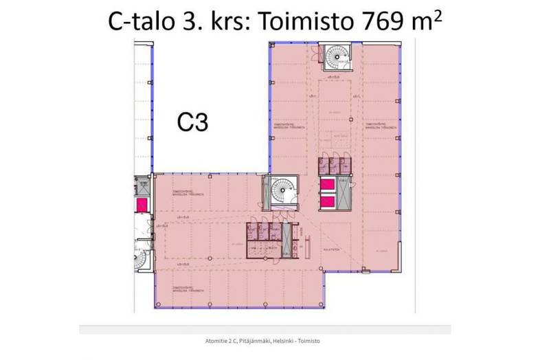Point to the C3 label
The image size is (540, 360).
click(193, 122)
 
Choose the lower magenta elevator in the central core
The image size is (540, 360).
click(327, 201)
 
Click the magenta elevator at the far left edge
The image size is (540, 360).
click(142, 204)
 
